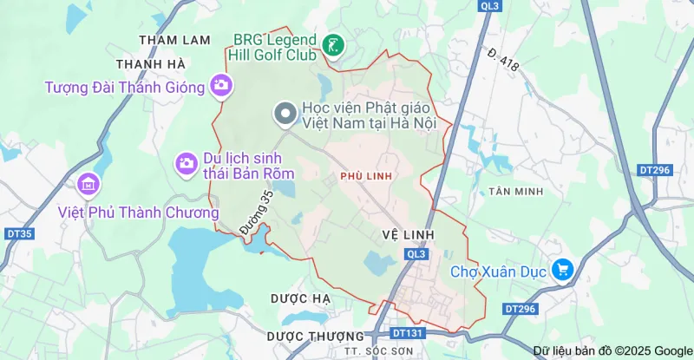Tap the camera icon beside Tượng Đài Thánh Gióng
(221, 85)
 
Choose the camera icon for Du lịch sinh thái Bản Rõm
(186, 161)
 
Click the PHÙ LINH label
(366, 176)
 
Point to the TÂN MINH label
(516, 191)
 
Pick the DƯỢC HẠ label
(301, 298)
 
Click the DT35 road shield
(19, 233)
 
